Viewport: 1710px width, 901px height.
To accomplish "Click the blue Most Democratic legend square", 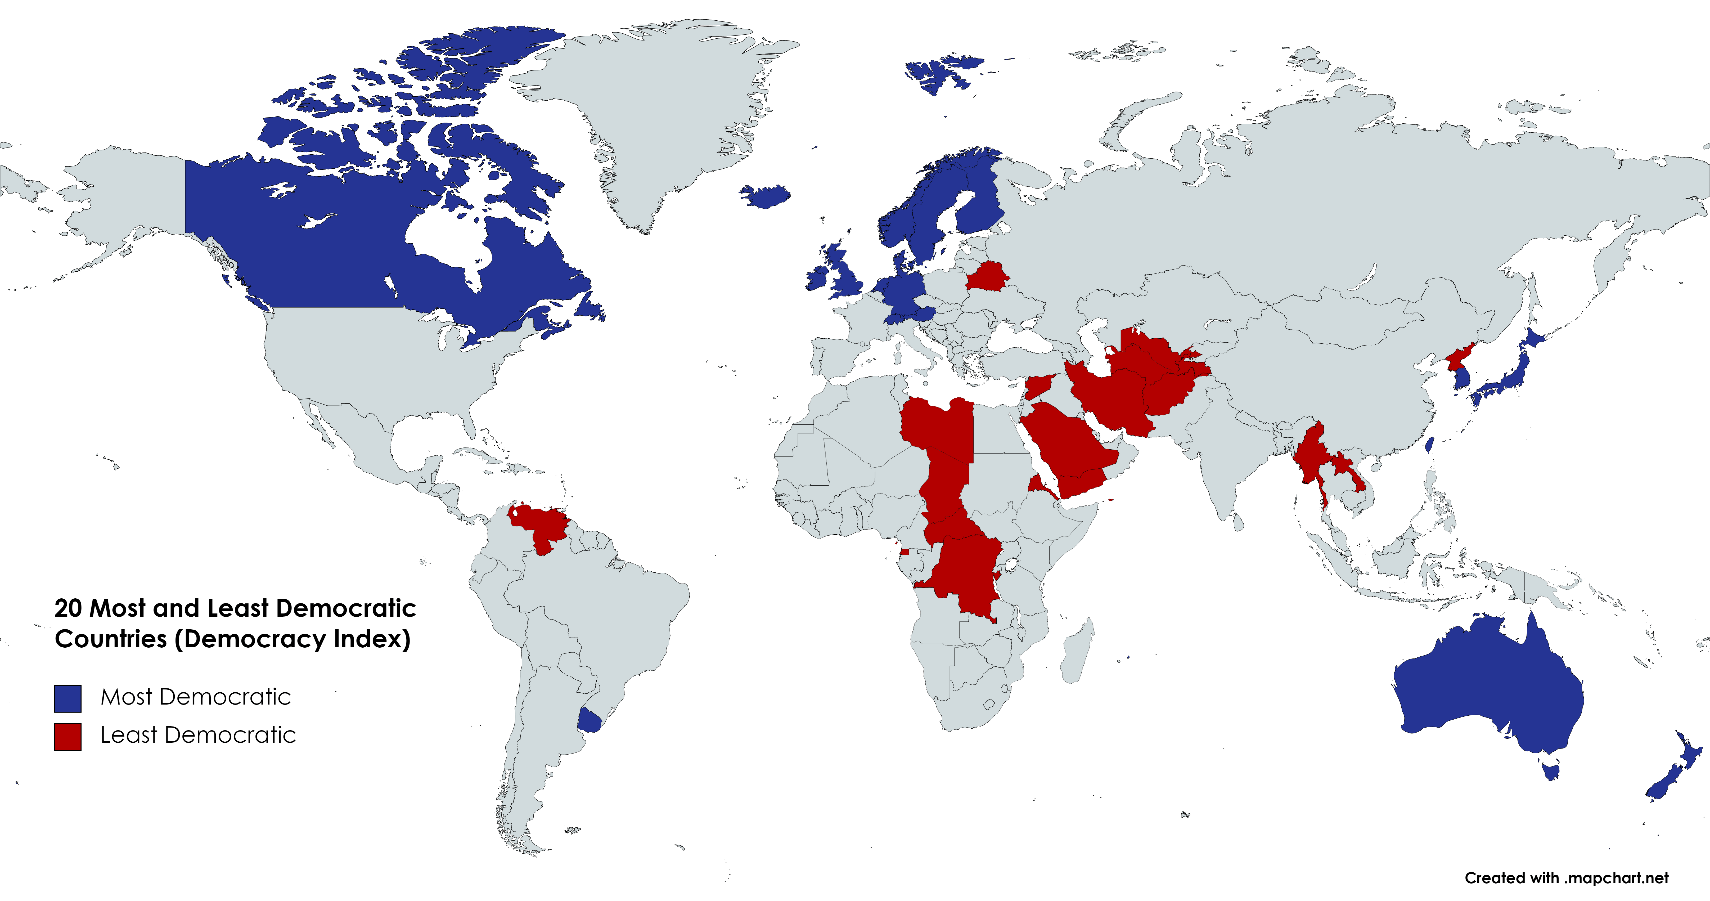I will [x=68, y=698].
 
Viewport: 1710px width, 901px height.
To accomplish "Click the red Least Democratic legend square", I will [x=68, y=736].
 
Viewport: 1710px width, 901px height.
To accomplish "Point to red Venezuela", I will [x=541, y=525].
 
